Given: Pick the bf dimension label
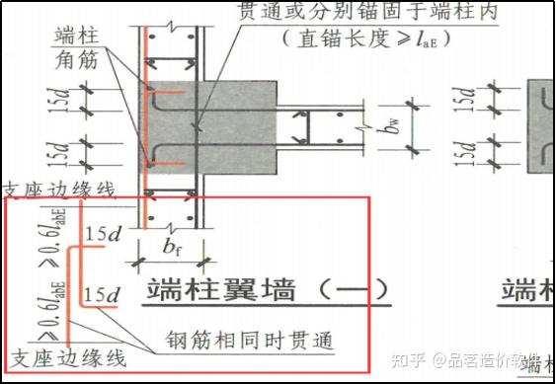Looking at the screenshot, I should [x=172, y=247].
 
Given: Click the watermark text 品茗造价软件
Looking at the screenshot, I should [x=494, y=359].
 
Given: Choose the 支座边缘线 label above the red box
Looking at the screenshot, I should [x=59, y=190].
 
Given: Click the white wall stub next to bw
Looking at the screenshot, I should [x=326, y=126].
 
